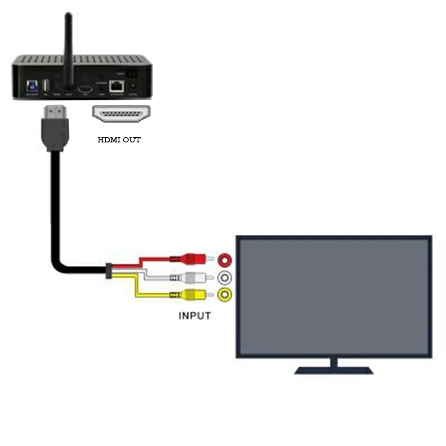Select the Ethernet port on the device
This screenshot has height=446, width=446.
tap(117, 86)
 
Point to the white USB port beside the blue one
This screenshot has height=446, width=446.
tap(46, 85)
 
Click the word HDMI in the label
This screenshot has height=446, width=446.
tap(109, 140)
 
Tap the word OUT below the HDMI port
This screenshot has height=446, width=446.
tap(132, 140)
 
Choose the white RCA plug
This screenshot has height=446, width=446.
tap(195, 277)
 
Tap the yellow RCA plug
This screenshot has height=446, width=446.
tap(195, 295)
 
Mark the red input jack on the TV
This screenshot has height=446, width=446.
tap(225, 259)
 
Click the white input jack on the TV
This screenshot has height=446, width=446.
tap(225, 277)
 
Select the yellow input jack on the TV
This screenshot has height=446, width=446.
tap(225, 295)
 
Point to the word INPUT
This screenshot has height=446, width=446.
tap(195, 316)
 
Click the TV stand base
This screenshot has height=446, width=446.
tap(333, 370)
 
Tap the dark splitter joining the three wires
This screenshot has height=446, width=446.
tap(109, 270)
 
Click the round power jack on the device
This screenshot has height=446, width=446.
tap(133, 86)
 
